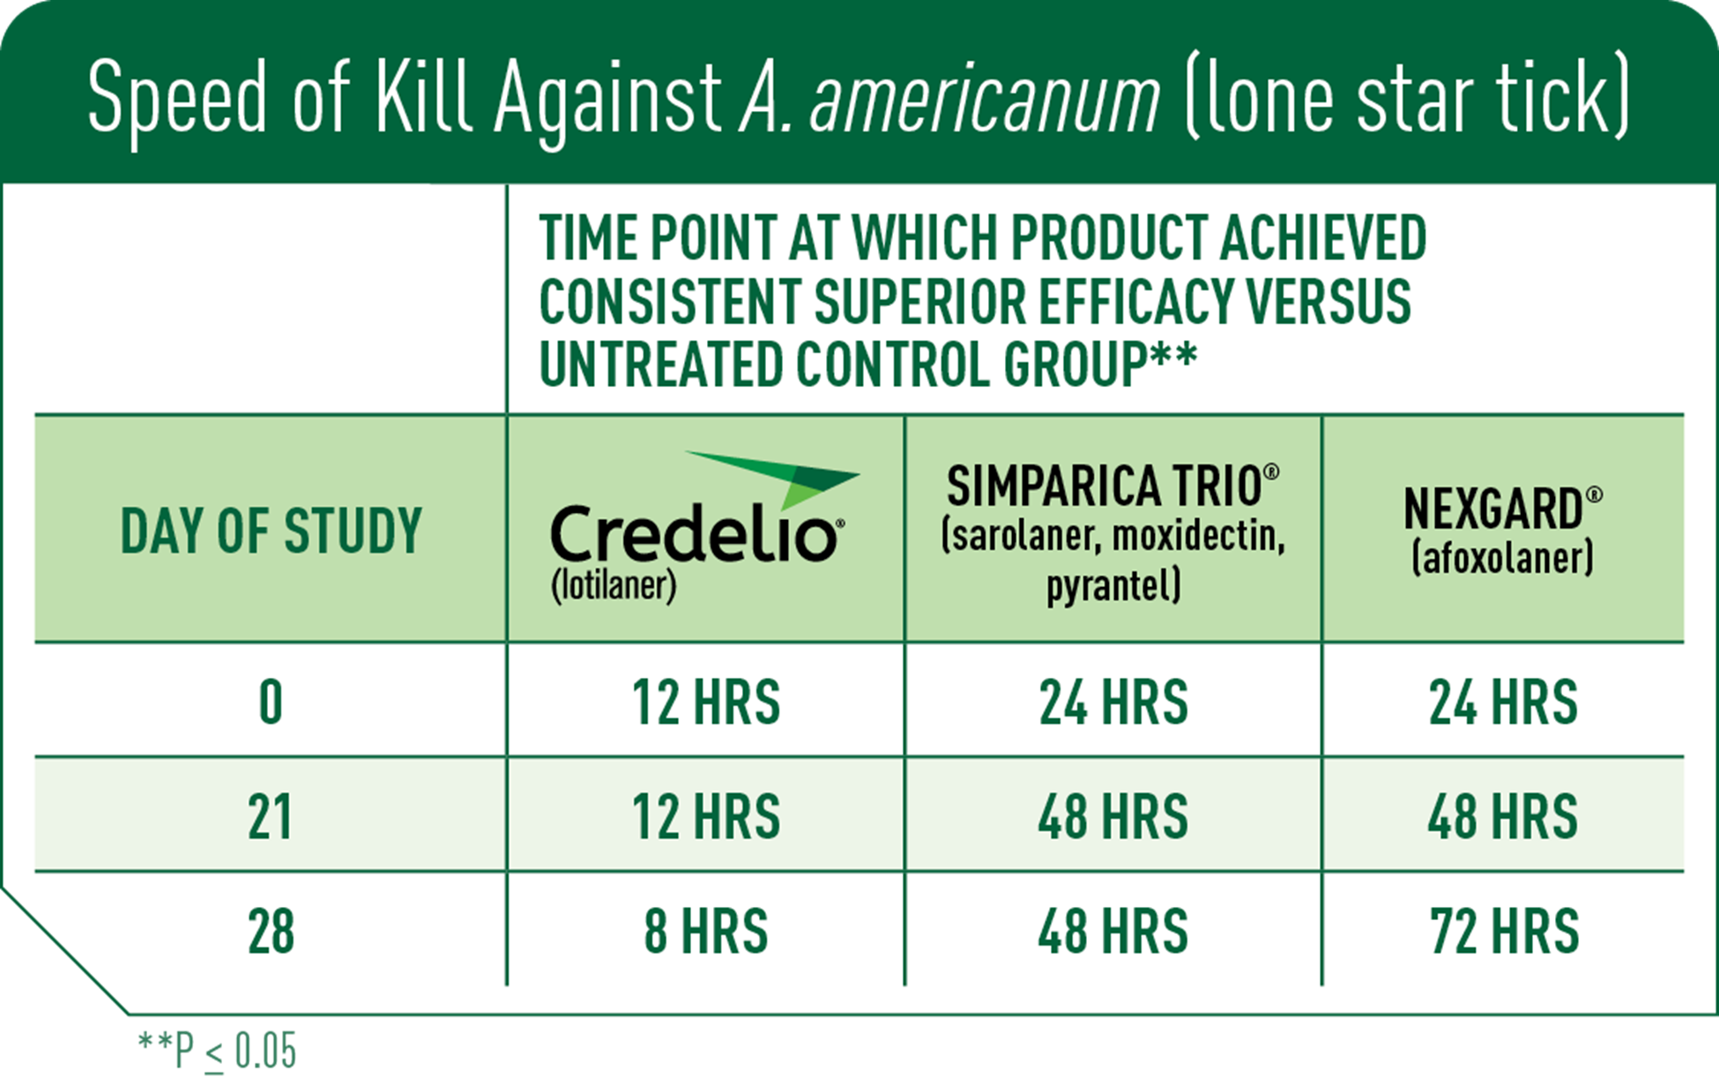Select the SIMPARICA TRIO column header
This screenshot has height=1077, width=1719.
(x=1113, y=486)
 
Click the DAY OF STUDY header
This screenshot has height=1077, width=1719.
(x=271, y=531)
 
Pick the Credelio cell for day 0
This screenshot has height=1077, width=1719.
(x=705, y=702)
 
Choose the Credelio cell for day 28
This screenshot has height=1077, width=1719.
(x=705, y=932)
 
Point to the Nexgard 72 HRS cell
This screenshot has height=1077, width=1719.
(x=1504, y=932)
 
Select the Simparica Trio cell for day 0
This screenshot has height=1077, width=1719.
(x=1113, y=702)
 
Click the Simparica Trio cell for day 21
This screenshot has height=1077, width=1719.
(x=1113, y=817)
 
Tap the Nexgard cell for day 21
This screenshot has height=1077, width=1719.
(x=1502, y=817)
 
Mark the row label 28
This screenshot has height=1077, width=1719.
(x=271, y=932)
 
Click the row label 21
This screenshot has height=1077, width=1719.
(x=271, y=817)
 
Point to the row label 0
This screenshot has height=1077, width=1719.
(x=271, y=703)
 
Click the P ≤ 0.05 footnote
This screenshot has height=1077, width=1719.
(x=218, y=1050)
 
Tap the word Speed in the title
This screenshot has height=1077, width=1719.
(x=177, y=99)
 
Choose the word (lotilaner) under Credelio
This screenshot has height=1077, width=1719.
(x=614, y=585)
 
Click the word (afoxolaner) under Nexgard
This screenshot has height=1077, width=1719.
(x=1502, y=558)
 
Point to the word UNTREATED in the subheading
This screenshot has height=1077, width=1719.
(x=660, y=364)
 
